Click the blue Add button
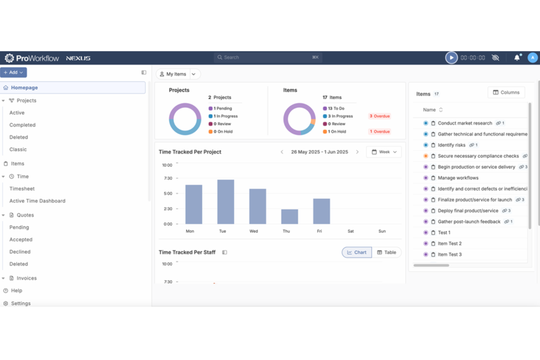(x=13, y=73)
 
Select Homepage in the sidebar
(x=24, y=88)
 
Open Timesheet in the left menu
(x=22, y=189)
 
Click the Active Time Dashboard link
(x=37, y=201)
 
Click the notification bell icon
(x=517, y=58)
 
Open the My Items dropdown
(x=178, y=74)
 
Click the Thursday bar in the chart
(x=289, y=217)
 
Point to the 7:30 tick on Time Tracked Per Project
(x=168, y=178)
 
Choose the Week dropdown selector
(x=384, y=152)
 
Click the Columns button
(x=506, y=93)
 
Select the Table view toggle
(x=386, y=252)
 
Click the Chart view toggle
(x=356, y=252)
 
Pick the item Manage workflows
(x=458, y=178)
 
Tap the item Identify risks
(x=451, y=145)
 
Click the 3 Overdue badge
(x=379, y=116)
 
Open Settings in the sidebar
(x=21, y=303)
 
